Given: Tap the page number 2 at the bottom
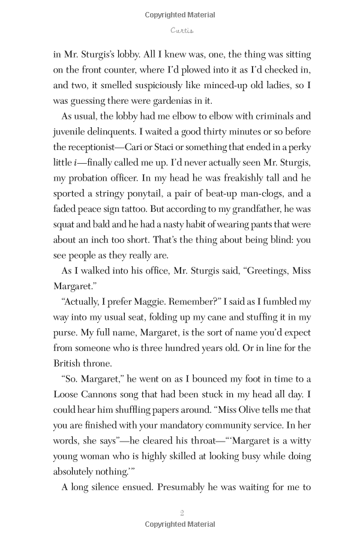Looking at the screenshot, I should click(181, 512).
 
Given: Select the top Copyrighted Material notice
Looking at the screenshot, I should click(181, 15).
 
